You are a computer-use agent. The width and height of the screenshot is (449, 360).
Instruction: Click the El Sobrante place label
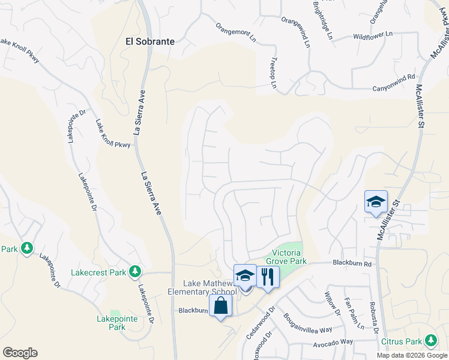149,41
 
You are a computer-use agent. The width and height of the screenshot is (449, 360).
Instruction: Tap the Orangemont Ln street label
236,32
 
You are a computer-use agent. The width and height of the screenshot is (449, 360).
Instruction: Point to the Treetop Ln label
273,74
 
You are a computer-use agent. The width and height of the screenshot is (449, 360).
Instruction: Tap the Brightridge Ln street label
322,20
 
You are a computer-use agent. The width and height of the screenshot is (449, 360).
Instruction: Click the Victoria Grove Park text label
289,257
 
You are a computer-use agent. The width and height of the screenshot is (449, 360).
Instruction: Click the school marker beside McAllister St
376,202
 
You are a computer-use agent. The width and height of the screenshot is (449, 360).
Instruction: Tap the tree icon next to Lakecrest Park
135,272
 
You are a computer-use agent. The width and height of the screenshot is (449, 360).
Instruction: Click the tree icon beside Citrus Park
431,341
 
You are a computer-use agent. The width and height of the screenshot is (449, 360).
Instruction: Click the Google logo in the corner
20,353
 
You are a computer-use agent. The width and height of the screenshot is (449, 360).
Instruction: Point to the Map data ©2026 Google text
411,355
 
